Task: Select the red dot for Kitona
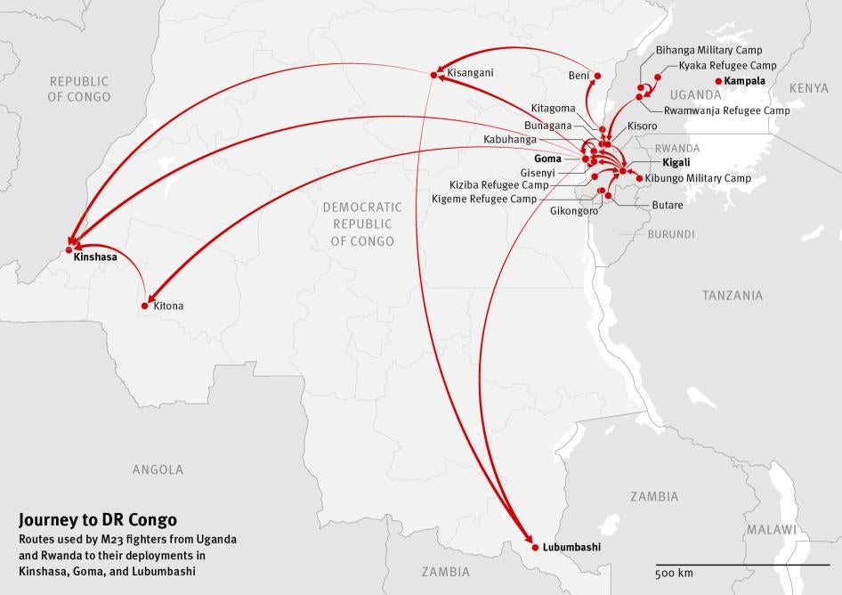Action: (x=145, y=306)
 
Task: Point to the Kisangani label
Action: (x=470, y=72)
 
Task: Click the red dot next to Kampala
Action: (x=718, y=81)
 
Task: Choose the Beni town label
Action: (x=579, y=76)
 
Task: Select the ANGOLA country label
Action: (x=158, y=469)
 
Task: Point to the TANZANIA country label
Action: (x=732, y=295)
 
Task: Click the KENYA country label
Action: (x=808, y=88)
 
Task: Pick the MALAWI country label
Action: (x=771, y=529)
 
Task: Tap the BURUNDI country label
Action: (x=671, y=234)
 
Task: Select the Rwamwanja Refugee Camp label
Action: (x=726, y=110)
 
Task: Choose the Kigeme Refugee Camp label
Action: (x=484, y=199)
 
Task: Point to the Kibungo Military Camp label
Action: (x=698, y=178)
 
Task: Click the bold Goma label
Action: (x=547, y=159)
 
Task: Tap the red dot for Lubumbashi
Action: (x=534, y=545)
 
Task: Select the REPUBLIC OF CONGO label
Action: (x=80, y=88)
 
